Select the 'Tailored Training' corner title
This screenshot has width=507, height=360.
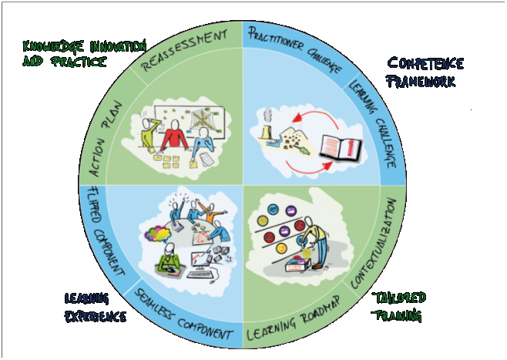click(398, 306)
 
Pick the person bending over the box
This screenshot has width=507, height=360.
click(316, 232)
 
